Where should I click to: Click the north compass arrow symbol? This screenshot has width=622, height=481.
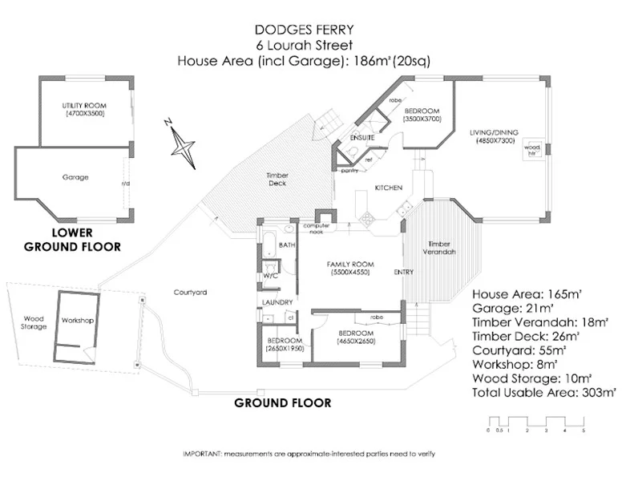point(184,147)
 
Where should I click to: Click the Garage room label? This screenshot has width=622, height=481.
point(75,177)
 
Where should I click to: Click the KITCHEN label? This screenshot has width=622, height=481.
point(388,188)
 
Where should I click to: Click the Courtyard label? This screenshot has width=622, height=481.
point(191,293)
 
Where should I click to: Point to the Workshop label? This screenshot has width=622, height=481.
point(78,321)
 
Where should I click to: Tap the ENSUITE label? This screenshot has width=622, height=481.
point(359,137)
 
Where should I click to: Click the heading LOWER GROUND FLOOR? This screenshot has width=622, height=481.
point(72,240)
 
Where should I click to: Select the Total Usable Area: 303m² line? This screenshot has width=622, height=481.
point(543,393)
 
